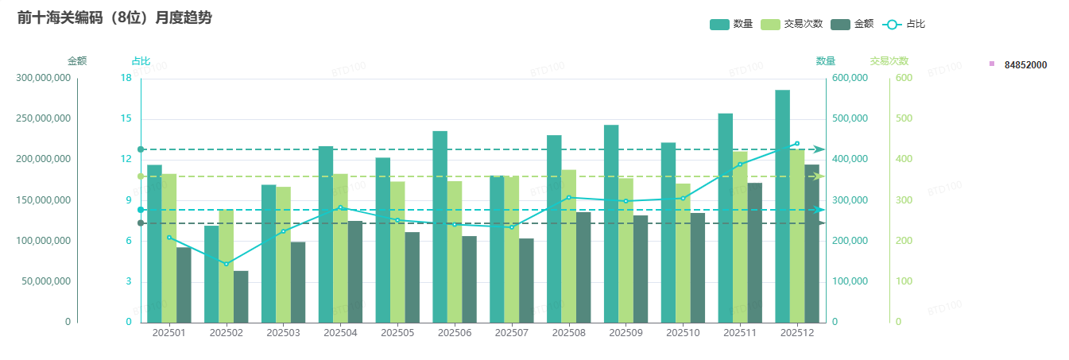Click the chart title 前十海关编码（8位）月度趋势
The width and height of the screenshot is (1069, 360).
[114, 17]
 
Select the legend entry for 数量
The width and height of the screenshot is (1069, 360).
[731, 24]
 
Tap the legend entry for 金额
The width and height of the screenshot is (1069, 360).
[852, 24]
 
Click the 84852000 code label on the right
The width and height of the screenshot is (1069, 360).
[1025, 64]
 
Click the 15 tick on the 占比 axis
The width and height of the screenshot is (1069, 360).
[126, 119]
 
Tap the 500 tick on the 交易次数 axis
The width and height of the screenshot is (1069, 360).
[904, 119]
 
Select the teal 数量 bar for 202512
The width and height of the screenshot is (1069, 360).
[783, 207]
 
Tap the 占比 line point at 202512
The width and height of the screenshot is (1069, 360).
[797, 144]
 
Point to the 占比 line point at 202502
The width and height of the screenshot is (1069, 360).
[226, 264]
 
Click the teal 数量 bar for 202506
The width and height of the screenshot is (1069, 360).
[440, 226]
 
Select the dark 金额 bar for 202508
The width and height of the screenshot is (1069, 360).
[583, 267]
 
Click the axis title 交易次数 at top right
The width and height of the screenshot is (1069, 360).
[889, 60]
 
